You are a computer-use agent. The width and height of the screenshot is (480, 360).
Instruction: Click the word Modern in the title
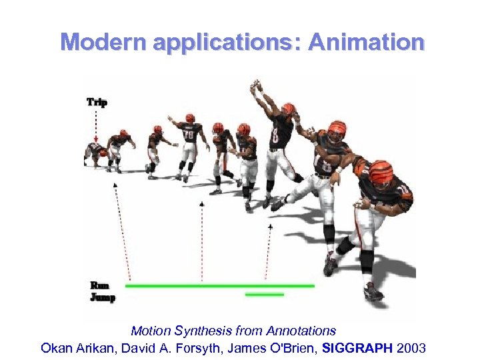pyautogui.click(x=103, y=42)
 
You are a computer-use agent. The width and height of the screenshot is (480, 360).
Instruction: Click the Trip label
pyautogui.click(x=97, y=102)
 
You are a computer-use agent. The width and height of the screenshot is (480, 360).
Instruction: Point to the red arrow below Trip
pyautogui.click(x=96, y=127)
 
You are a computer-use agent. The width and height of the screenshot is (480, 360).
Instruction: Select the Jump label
pyautogui.click(x=103, y=297)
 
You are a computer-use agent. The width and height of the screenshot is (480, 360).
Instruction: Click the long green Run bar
pyautogui.click(x=219, y=285)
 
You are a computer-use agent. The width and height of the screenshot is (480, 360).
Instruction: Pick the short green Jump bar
pyautogui.click(x=264, y=294)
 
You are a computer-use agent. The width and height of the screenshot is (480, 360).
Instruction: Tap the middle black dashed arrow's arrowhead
pyautogui.click(x=201, y=202)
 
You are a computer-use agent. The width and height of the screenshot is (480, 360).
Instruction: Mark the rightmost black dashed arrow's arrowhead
pyautogui.click(x=270, y=227)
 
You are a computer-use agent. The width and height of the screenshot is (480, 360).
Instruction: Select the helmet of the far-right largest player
pyautogui.click(x=381, y=172)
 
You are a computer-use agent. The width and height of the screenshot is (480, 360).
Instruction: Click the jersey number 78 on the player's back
pyautogui.click(x=189, y=136)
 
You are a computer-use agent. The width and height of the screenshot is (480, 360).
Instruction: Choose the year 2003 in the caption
pyautogui.click(x=411, y=347)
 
